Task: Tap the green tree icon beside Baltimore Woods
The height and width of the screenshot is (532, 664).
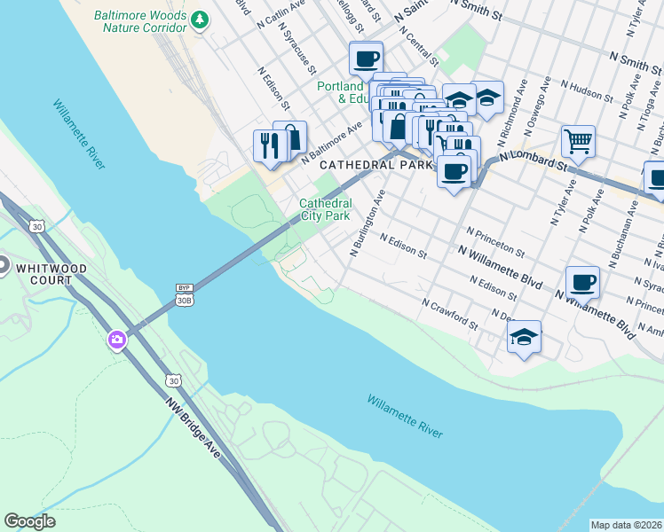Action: point(201,18)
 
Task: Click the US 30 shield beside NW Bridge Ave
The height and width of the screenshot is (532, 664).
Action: point(172,379)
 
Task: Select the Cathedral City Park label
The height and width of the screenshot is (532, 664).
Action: point(325,209)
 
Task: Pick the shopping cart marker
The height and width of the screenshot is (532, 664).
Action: point(578,141)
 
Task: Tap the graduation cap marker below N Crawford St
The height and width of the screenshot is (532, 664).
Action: point(525,337)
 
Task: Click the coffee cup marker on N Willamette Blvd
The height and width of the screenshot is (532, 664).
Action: point(582,283)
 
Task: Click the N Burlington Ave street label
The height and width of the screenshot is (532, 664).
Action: point(367,225)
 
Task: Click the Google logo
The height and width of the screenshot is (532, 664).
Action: point(29,521)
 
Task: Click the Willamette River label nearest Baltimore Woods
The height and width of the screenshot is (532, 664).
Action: point(79,134)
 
